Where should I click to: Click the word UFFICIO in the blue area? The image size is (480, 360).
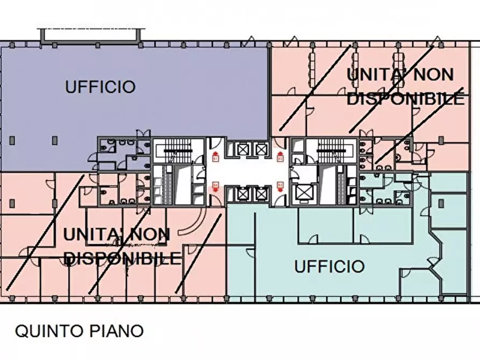click(100, 87)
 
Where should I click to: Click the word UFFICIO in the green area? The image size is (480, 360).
click(329, 266)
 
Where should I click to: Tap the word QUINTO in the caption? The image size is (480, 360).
click(49, 331)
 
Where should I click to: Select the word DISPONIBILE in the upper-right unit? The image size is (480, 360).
click(406, 99)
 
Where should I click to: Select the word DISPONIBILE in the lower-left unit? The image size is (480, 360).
click(123, 258)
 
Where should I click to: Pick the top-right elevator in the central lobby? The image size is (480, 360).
click(261, 149)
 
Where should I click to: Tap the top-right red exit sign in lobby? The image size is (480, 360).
click(280, 157)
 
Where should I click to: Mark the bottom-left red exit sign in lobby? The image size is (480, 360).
click(216, 185)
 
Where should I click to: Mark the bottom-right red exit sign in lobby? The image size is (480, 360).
click(280, 185)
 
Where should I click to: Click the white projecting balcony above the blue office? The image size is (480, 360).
click(90, 35)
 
